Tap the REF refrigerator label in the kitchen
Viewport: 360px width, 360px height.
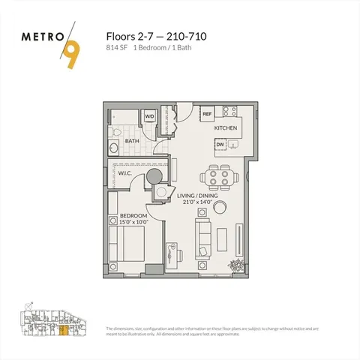pyautogui.click(x=207, y=114)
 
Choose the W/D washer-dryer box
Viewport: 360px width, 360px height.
pyautogui.click(x=149, y=116)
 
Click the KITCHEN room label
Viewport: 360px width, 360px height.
pyautogui.click(x=226, y=128)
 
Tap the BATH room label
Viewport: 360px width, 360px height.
pyautogui.click(x=132, y=140)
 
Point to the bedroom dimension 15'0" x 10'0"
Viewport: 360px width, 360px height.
pyautogui.click(x=134, y=222)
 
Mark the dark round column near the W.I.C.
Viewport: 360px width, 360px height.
pyautogui.click(x=153, y=177)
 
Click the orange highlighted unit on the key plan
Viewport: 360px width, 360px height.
pyautogui.click(x=64, y=329)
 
